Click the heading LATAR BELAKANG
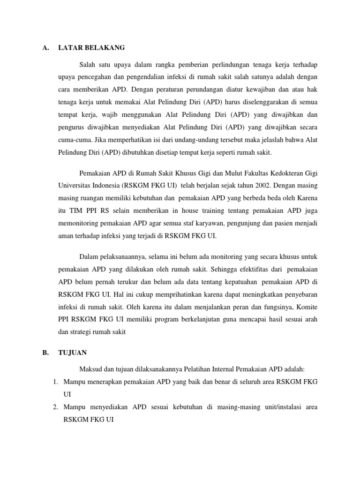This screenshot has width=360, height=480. (x=91, y=47)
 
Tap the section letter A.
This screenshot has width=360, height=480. (x=45, y=47)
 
